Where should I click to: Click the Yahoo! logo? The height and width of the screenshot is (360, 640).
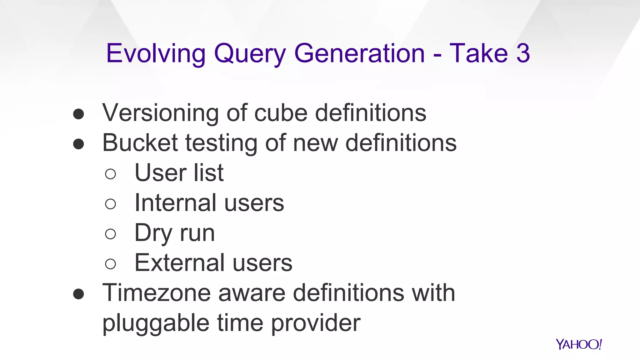point(578,344)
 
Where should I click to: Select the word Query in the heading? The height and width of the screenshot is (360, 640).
point(250,54)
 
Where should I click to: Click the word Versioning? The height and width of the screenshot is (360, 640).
point(160,113)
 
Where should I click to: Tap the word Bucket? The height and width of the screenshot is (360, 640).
point(140,142)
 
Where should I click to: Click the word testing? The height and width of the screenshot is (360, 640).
point(221,143)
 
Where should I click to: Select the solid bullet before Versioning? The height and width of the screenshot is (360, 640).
point(78,114)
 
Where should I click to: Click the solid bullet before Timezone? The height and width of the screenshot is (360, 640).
point(78,294)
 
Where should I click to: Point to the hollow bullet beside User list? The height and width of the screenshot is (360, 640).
point(111,174)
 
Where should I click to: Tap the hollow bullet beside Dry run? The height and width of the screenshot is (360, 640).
point(111,234)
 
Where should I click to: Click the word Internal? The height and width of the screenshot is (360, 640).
point(175,202)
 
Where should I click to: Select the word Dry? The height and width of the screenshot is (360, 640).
point(153,233)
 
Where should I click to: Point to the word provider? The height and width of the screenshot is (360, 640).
point(316,323)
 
